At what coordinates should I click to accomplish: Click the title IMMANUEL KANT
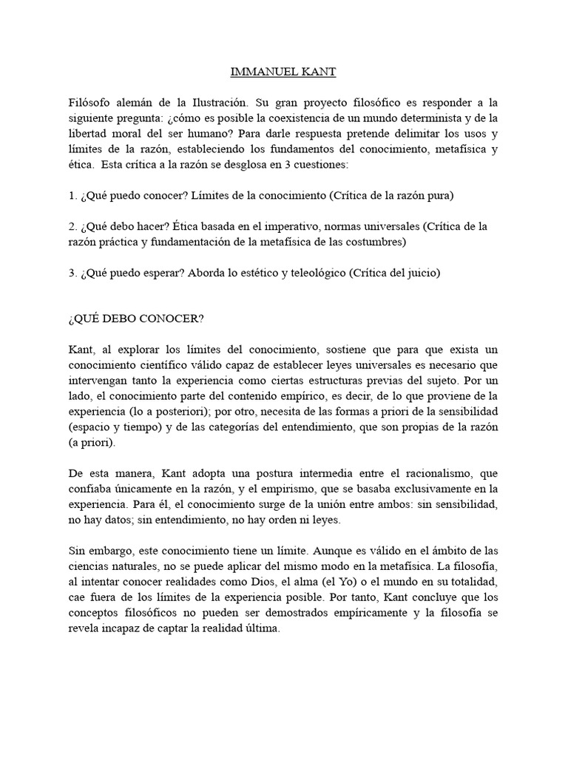[283, 72]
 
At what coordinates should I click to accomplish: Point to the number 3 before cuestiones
[272, 165]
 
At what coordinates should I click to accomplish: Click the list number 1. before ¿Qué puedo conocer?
[72, 196]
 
